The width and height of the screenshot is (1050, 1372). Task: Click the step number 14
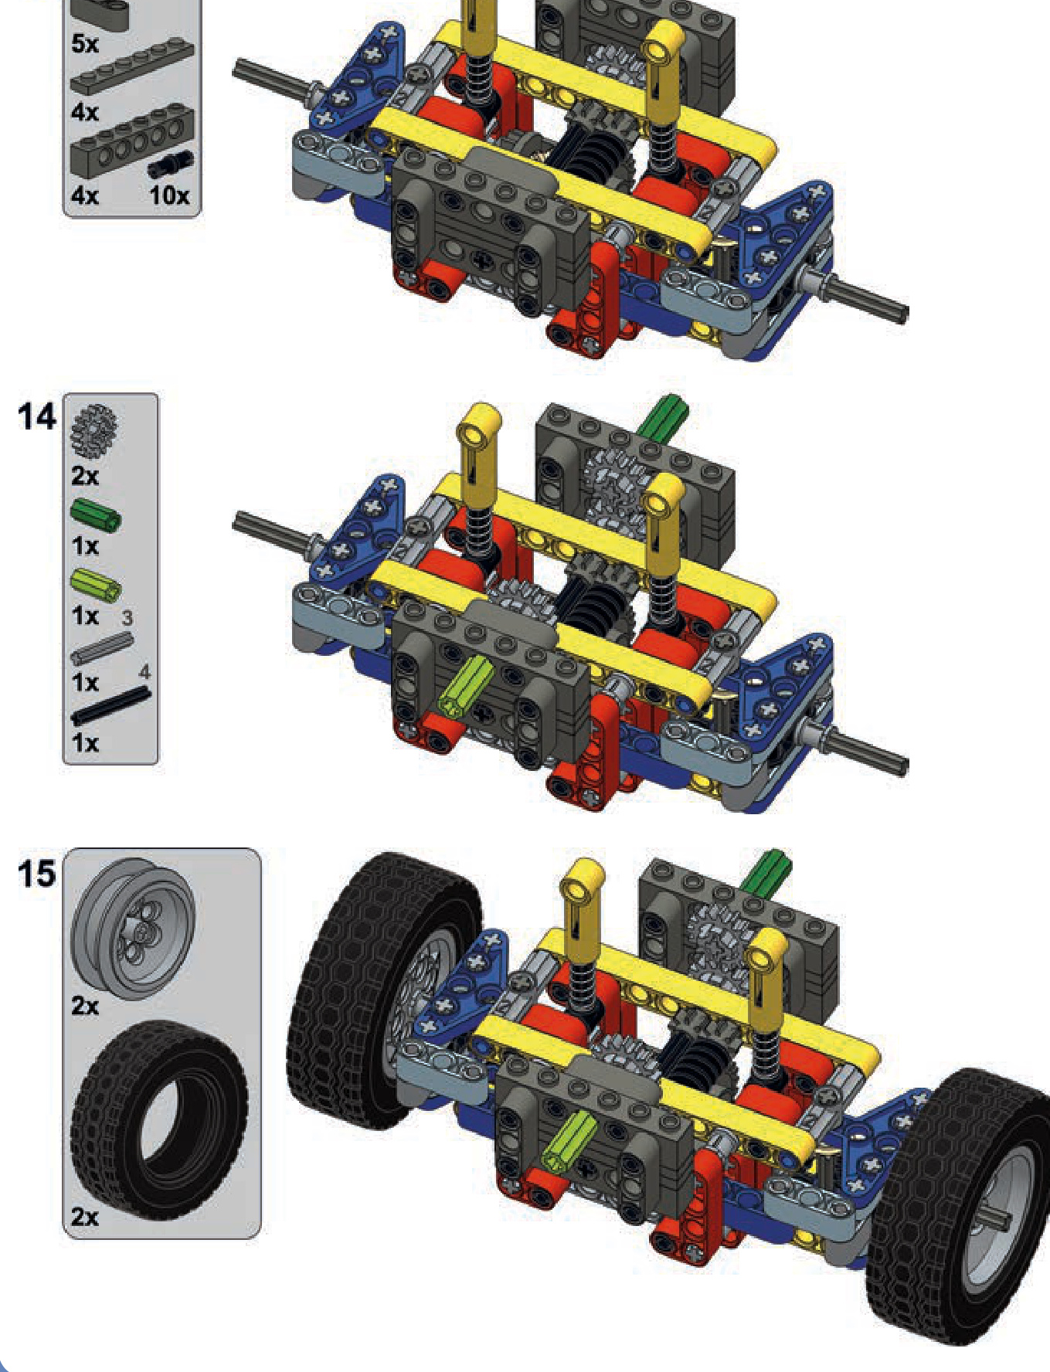37,417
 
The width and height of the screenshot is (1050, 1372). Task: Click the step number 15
37,874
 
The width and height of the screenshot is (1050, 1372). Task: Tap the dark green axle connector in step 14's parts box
96,515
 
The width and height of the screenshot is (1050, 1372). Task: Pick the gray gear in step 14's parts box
93,430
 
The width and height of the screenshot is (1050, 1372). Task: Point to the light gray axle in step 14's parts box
102,648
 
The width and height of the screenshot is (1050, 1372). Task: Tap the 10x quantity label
169,195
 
